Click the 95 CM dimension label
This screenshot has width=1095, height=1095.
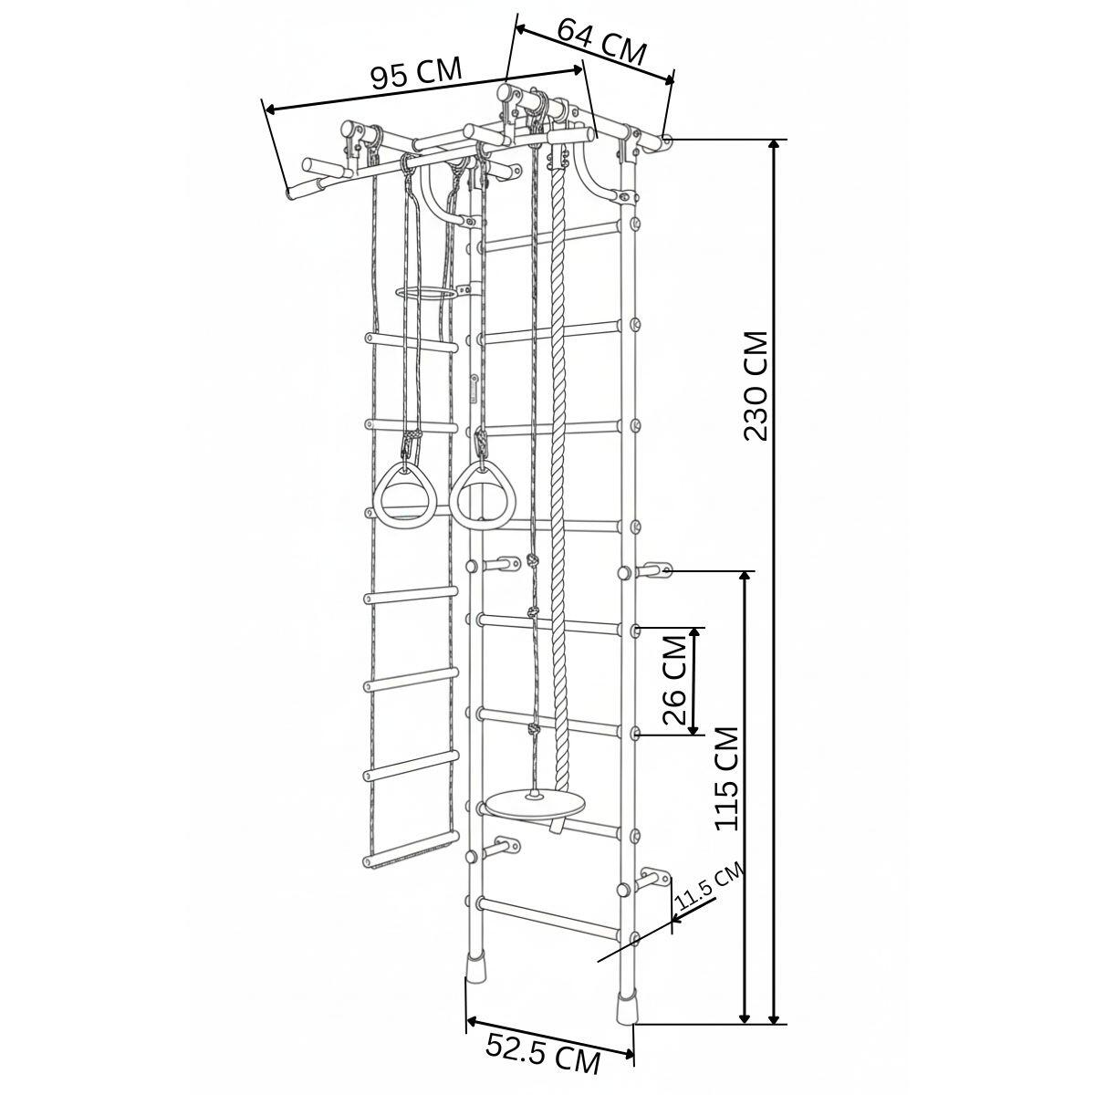[416, 73]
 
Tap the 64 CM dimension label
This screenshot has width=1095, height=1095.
[601, 42]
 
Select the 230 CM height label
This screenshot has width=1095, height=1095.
[756, 385]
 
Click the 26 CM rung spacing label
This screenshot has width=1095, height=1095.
[675, 679]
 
